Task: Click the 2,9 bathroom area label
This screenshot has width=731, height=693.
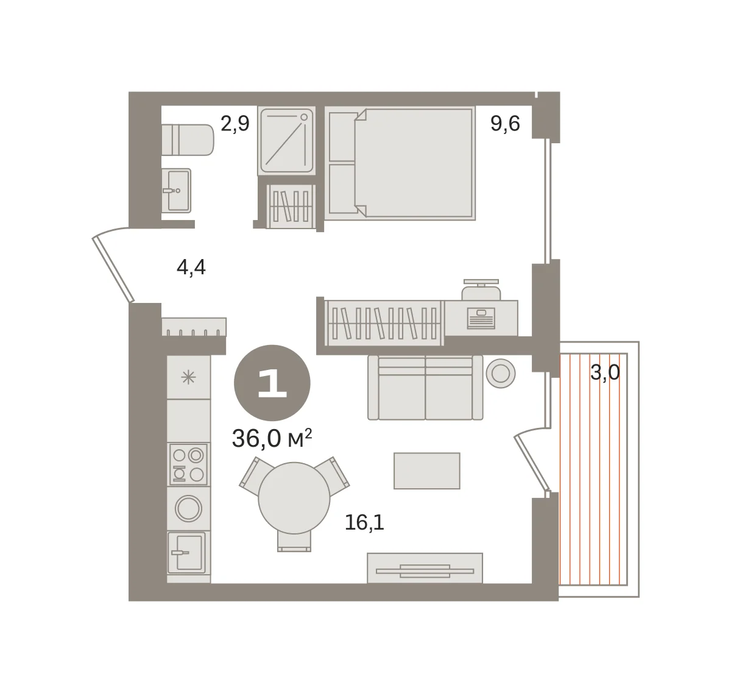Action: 235,124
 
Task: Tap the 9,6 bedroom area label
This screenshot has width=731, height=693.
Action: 505,123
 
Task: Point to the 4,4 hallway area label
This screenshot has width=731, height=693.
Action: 191,267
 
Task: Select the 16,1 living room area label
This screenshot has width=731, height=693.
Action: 364,522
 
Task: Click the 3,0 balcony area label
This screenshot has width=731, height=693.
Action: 605,372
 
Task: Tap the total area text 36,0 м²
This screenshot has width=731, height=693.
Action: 272,438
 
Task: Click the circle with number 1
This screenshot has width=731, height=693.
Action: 272,383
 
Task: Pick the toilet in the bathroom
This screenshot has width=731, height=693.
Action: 188,140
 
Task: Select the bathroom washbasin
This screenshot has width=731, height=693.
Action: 176,191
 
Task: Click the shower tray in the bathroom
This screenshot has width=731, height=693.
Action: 286,141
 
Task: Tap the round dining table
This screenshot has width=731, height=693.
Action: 294,498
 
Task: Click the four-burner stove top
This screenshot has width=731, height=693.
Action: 188,464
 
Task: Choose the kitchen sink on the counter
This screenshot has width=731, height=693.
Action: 186,552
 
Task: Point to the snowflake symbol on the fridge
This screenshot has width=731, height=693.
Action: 188,378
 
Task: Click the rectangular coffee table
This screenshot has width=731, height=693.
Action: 427,471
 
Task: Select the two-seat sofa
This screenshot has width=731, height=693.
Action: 425,388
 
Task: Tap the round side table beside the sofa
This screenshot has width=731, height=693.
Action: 501,373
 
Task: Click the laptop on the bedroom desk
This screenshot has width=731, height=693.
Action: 481,318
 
